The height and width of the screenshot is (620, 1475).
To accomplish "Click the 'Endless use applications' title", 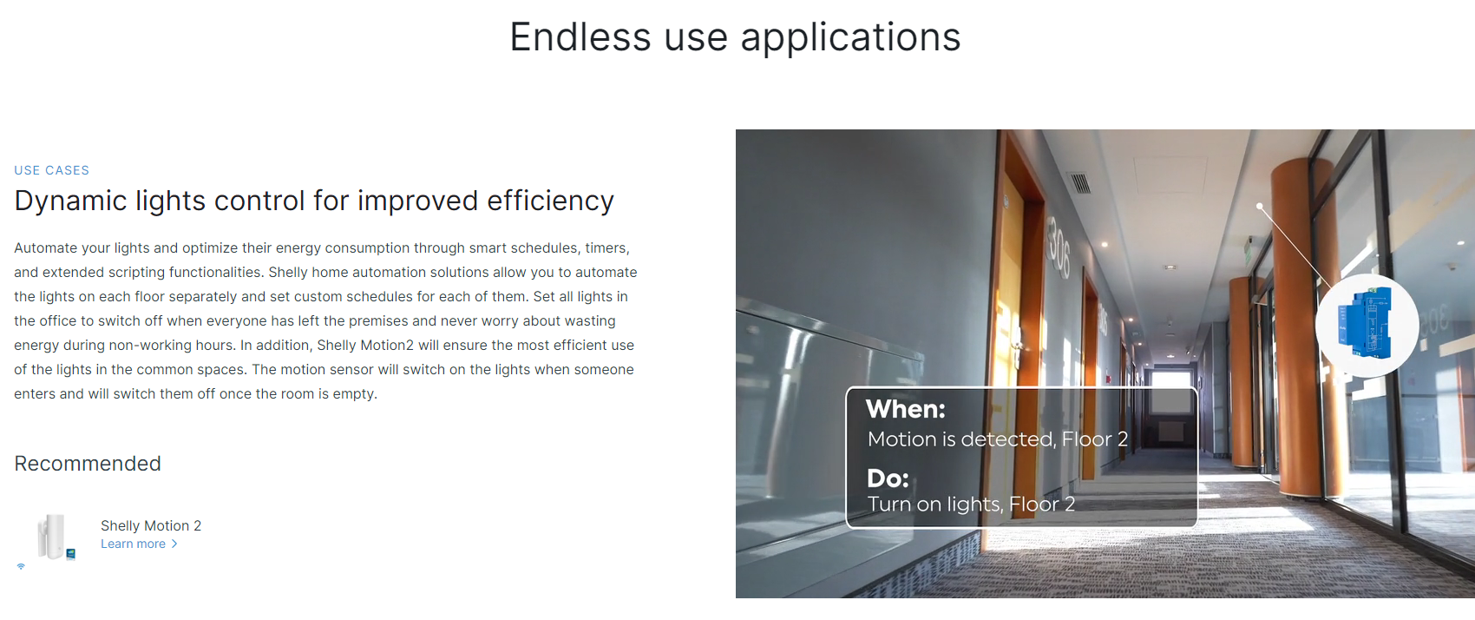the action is (x=735, y=37).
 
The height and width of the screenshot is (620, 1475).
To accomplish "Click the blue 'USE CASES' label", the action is (x=51, y=170).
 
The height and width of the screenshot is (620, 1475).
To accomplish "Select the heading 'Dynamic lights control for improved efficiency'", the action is (x=314, y=201).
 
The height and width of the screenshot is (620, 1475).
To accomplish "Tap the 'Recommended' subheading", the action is (x=88, y=463).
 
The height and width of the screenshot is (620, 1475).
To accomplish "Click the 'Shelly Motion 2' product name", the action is (x=151, y=525).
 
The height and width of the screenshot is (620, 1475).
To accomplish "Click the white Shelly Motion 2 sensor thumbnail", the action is (x=53, y=537).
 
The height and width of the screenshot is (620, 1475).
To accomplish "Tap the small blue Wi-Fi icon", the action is (x=21, y=566).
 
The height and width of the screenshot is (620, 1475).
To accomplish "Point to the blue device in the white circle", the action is (x=1365, y=323).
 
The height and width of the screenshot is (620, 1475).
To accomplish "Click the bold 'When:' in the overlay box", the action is (x=906, y=409).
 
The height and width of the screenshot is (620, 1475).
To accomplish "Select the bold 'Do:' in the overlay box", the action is (x=888, y=478).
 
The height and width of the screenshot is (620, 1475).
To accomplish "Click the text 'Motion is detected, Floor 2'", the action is (x=998, y=439).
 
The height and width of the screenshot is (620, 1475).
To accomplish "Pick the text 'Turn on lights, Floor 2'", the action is (x=971, y=504).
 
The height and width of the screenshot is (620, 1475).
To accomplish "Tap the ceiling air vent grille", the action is (x=1079, y=182).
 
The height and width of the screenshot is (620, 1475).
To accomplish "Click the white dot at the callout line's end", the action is (x=1260, y=206).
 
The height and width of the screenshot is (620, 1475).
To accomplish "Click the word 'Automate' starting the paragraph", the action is (x=45, y=247).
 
